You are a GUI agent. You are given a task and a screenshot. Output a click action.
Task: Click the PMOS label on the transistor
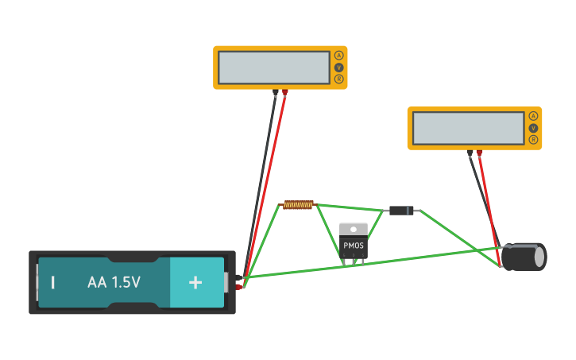point(354,246)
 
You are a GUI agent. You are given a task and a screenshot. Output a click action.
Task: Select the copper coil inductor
point(299,205)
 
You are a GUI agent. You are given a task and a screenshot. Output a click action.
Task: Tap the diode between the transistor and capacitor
point(400,211)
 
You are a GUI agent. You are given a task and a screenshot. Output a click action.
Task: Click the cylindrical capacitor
point(524,257)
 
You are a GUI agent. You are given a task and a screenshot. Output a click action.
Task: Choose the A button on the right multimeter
point(533,116)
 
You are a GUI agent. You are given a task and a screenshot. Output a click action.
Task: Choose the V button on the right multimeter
point(533,128)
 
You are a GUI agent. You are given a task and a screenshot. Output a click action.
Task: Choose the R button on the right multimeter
point(533,140)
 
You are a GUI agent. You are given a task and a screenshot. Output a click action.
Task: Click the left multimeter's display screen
point(274,68)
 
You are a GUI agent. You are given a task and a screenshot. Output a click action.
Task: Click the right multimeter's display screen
point(468,128)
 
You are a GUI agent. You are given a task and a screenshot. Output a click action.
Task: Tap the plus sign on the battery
point(195,282)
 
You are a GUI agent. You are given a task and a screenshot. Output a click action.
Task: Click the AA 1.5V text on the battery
point(114,282)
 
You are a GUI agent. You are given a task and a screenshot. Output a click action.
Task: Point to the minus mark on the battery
point(53,282)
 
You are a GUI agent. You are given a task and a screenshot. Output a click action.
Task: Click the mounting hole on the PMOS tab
point(354,229)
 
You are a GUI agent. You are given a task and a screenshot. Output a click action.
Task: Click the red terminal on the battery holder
point(238,287)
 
